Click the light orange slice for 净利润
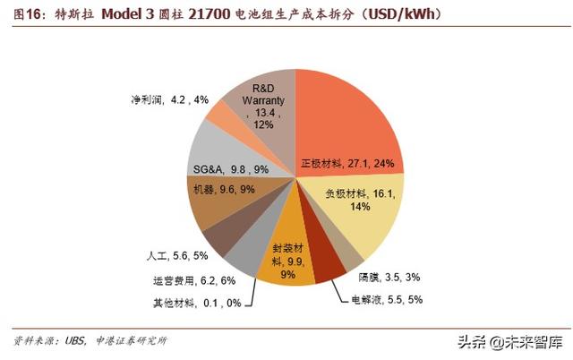(222, 112)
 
